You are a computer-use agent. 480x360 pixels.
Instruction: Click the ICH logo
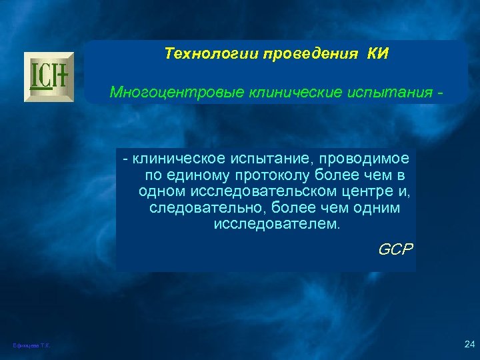point(49,77)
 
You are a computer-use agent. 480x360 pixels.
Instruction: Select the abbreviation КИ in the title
point(377,53)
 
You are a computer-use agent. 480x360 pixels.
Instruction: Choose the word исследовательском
point(255,192)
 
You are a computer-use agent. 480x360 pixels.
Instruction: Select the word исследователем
point(276,225)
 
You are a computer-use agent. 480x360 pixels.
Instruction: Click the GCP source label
point(395,250)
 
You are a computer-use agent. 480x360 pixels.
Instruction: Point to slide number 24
point(469,344)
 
